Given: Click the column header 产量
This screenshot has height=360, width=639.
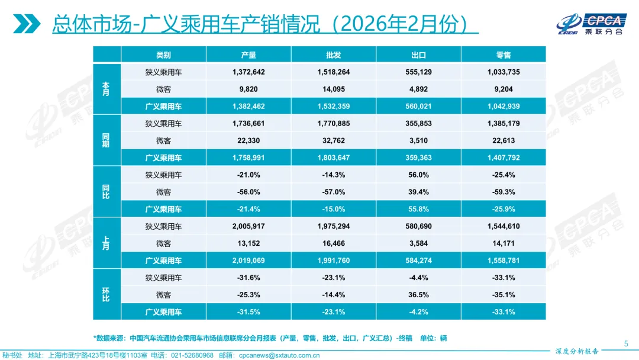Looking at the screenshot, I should coord(248,55).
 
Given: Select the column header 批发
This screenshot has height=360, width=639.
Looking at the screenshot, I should coord(333,55).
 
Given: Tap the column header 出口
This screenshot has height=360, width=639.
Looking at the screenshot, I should coord(418,55).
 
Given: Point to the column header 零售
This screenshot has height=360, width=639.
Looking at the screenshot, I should coord(504,55).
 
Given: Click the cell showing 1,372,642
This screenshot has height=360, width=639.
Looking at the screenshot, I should coord(248,72).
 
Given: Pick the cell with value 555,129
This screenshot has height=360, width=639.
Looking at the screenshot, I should coord(418,72).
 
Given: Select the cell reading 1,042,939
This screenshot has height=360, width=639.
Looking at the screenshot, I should coord(504,107).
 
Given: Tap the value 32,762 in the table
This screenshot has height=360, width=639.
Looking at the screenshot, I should coord(333,141).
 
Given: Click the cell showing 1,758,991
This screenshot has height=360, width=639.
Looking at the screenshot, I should coord(248,158).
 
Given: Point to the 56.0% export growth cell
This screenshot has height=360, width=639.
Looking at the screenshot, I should coord(418,175).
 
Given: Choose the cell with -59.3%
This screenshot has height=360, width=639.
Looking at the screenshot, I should coord(504,192).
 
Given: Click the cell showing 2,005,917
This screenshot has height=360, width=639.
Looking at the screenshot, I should coord(248,226).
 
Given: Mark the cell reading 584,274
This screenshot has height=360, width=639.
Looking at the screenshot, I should coord(418,261).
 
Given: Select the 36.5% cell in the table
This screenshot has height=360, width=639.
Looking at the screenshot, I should coord(418,295).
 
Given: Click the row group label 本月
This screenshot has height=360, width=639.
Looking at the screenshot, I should coord(106,89).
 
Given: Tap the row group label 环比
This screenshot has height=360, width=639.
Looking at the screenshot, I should coord(106,295).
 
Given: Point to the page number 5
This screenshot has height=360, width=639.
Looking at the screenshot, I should coord(626,344).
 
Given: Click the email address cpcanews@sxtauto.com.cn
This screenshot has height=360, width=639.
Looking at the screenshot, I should coord(279,355).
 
